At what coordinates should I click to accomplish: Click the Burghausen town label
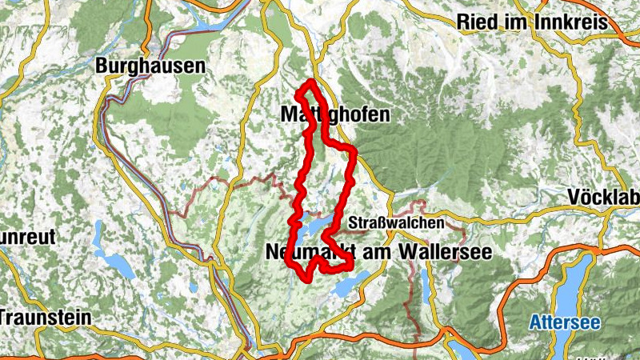tap(150, 66)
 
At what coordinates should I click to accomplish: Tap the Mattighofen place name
tap(335, 115)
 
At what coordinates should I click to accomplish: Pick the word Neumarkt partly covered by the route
tap(308, 252)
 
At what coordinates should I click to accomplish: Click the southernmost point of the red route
tap(306, 279)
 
